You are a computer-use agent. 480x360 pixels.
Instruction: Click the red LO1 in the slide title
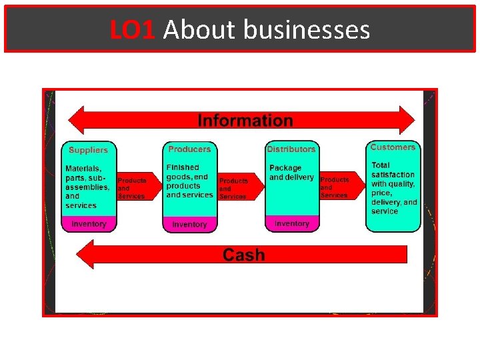134,30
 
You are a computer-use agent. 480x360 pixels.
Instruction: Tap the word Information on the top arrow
245,121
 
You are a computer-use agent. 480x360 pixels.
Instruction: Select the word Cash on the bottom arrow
243,255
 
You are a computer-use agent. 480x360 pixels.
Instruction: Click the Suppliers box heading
88,150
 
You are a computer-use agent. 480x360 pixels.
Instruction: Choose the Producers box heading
189,149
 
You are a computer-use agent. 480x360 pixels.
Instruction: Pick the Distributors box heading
291,149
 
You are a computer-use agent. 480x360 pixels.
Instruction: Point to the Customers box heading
393,147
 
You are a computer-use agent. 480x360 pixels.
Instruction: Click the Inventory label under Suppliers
89,224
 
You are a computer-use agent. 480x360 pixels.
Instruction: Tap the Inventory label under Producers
189,225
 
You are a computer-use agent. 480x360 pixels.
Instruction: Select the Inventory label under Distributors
291,224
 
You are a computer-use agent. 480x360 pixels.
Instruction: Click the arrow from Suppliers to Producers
137,188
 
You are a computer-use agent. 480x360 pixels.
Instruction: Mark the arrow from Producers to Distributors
238,188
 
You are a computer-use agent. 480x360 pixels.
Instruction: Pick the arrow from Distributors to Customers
339,187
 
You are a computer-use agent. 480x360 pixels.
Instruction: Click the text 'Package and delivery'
291,173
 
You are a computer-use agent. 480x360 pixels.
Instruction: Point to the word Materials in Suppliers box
83,169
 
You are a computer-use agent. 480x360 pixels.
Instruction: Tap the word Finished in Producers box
183,167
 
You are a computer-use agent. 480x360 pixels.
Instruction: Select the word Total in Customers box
381,165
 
